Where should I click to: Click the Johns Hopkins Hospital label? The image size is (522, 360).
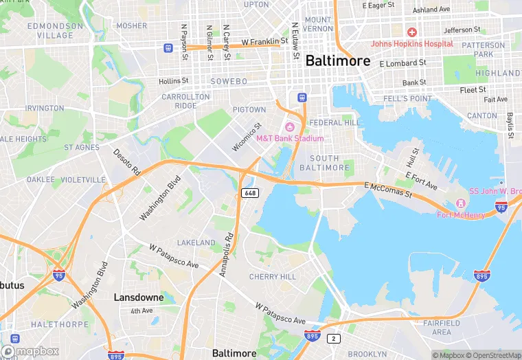tap(412, 44)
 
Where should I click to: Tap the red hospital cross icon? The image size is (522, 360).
tap(412, 32)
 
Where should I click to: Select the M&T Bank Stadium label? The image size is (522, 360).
tap(289, 138)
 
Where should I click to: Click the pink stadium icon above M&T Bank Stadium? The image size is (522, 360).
tap(290, 126)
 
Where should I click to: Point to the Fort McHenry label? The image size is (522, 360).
tap(461, 215)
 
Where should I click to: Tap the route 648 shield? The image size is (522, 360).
tap(250, 193)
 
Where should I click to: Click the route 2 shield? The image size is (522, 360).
tap(334, 338)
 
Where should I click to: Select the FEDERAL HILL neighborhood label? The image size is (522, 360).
tap(334, 122)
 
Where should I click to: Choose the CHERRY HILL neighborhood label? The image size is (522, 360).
tap(273, 277)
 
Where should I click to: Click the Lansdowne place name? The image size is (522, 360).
tap(138, 297)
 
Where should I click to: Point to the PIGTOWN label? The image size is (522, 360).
tap(249, 109)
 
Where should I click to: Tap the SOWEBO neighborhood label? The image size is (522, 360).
tap(228, 81)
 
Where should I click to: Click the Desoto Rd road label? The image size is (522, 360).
tap(126, 162)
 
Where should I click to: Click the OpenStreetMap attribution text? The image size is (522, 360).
tap(494, 355)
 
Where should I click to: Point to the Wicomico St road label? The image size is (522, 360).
tap(247, 136)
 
